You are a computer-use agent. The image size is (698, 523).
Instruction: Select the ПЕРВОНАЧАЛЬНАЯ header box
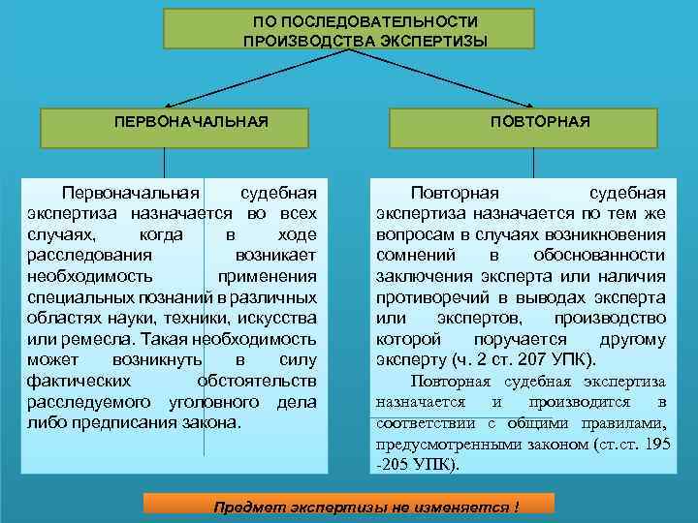(x=190, y=123)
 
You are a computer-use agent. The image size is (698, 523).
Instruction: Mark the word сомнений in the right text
(x=414, y=256)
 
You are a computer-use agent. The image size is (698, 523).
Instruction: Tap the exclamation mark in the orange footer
(x=517, y=507)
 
